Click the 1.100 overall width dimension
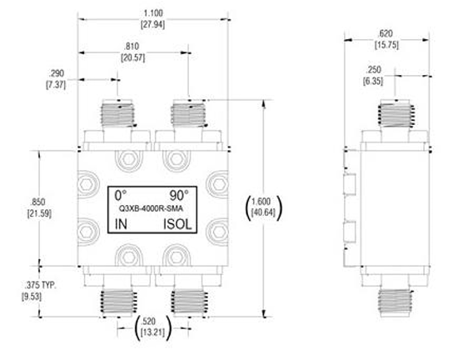(155, 13)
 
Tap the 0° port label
(121, 192)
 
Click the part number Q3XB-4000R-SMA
(150, 209)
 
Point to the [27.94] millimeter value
(155, 24)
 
